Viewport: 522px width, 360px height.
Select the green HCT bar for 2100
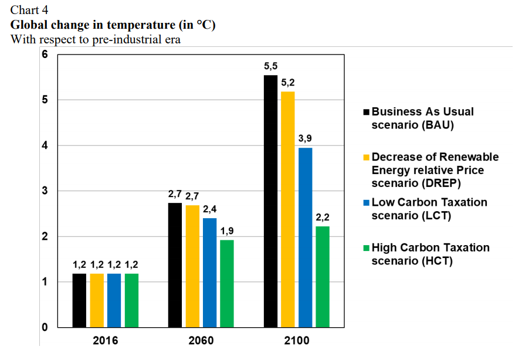point(323,277)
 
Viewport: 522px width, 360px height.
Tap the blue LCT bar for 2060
point(209,273)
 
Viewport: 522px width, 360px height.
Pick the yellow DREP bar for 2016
point(97,300)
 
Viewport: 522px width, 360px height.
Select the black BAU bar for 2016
point(79,300)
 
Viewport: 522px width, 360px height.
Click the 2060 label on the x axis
point(201,341)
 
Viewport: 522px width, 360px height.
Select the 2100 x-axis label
point(296,341)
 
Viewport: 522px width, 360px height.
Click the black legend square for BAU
point(367,112)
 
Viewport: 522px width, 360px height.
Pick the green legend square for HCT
point(367,248)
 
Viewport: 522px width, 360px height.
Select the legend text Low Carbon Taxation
point(429,202)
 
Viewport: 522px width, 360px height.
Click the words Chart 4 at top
point(29,9)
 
